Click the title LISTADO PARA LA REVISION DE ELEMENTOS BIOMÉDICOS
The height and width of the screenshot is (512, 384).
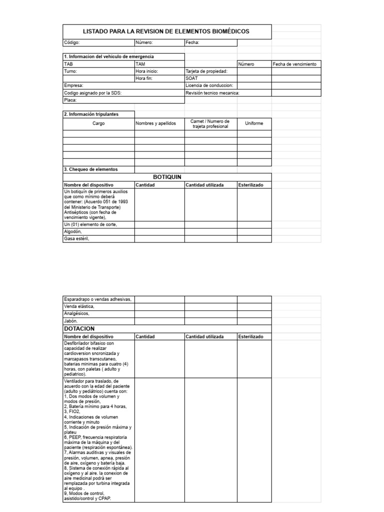click(166, 31)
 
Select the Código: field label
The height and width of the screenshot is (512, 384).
click(71, 43)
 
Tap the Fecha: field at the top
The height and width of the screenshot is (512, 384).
click(192, 43)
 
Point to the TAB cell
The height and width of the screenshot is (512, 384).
click(68, 64)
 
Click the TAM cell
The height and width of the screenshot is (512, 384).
click(140, 64)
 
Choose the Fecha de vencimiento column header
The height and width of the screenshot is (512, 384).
click(294, 64)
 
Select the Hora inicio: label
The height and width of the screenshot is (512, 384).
click(147, 71)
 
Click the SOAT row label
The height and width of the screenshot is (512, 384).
click(191, 78)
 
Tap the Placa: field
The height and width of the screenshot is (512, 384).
click(70, 100)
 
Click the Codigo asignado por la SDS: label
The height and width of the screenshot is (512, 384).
click(92, 93)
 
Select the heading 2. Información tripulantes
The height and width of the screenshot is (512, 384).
click(91, 114)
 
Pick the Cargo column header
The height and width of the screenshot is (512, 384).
click(98, 123)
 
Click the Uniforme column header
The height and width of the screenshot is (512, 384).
click(254, 123)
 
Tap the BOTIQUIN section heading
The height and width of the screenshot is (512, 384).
click(166, 177)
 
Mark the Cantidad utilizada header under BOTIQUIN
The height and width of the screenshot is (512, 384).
click(205, 185)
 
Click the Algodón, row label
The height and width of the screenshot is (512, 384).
click(72, 231)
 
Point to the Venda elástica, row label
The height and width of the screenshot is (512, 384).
click(79, 306)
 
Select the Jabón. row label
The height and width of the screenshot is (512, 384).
click(71, 320)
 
